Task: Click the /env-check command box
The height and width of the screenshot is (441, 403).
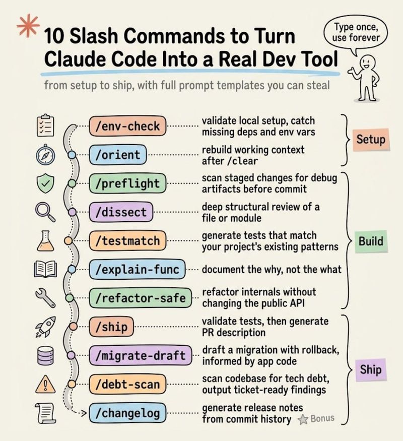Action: pos(127,126)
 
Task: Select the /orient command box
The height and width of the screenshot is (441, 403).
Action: pos(118,155)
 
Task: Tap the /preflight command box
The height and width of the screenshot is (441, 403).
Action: pos(127,183)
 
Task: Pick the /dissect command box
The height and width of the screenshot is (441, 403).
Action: pos(120,212)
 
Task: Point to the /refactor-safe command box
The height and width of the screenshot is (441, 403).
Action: pos(141,299)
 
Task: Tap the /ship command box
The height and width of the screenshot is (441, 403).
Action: pos(111,328)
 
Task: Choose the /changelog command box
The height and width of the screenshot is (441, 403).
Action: pos(127,414)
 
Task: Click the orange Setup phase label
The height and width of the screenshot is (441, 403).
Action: pos(371,140)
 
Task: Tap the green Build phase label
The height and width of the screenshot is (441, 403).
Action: pos(371,241)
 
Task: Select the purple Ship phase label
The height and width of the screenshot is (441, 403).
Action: pos(371,370)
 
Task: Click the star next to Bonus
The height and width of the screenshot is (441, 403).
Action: pos(303,419)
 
